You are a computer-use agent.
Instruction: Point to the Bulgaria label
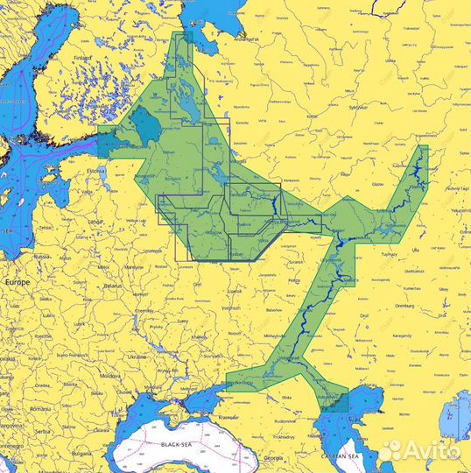(x=80, y=454)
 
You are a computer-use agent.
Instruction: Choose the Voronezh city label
(x=231, y=308)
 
